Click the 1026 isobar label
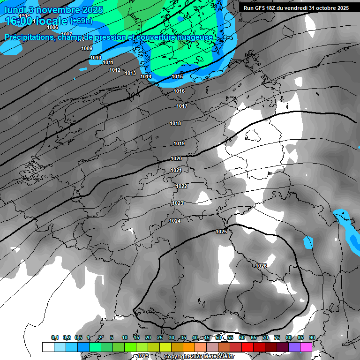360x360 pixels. [261, 266]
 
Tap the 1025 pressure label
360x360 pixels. [221, 232]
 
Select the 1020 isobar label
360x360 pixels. [176, 158]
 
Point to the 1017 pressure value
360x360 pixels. [182, 106]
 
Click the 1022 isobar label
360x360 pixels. [181, 186]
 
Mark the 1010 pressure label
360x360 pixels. [96, 58]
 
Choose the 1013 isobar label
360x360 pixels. [130, 73]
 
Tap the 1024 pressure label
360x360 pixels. [175, 221]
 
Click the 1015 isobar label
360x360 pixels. [177, 76]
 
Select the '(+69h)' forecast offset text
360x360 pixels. [81, 21]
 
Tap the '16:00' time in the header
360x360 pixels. [18, 21]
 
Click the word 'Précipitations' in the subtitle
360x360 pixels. [29, 37]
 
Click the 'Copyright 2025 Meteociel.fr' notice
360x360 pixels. [199, 356]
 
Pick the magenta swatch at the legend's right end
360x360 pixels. [306, 347]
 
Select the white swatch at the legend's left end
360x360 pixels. [48, 347]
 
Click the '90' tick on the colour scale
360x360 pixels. [312, 337]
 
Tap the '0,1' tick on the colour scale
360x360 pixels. [55, 337]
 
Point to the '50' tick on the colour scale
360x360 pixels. [218, 337]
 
